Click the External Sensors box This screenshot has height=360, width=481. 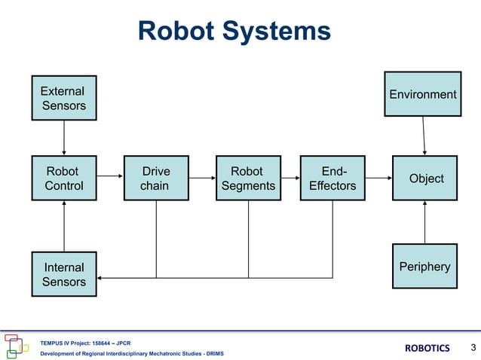point(64,98)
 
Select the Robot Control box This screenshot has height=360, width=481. point(64,178)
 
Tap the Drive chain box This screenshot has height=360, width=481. point(156,178)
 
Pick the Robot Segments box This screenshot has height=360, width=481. point(248,178)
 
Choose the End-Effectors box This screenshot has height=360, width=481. point(332,178)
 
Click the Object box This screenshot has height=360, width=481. point(425,178)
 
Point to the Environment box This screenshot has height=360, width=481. point(422,94)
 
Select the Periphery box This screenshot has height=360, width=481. point(425,266)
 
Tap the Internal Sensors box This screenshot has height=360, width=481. point(64,274)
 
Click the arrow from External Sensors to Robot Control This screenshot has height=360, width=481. point(64,138)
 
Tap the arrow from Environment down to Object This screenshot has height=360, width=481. point(424,136)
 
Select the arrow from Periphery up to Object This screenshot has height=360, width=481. point(425,222)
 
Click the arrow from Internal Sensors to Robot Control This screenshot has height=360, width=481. point(64,226)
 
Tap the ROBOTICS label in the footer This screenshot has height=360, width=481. point(427,348)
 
